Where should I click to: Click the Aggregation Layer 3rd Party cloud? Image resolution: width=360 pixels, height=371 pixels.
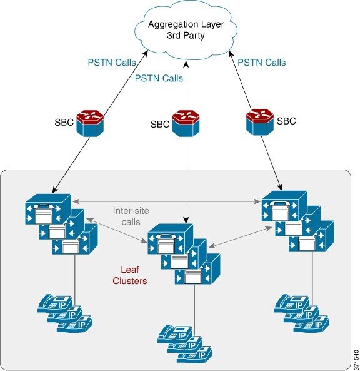point(186,29)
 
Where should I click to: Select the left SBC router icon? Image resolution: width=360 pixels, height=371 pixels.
point(90,123)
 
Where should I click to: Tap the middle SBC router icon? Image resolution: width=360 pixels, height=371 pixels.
point(186,123)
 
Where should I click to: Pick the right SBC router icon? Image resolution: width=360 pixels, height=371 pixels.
point(260,122)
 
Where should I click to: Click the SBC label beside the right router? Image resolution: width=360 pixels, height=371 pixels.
point(286,121)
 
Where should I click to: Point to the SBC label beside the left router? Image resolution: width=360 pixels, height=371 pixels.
point(64,123)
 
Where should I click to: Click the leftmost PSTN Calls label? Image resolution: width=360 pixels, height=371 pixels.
point(112,63)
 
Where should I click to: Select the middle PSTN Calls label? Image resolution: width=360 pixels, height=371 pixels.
point(159,78)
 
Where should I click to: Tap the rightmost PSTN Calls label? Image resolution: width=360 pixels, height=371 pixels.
point(262,63)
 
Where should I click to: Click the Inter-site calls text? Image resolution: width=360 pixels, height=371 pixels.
point(131,216)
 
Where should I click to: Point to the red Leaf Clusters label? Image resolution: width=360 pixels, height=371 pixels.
point(130,275)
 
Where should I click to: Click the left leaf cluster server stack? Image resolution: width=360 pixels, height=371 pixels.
point(61,224)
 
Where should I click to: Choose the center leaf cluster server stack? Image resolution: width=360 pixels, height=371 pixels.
point(184,254)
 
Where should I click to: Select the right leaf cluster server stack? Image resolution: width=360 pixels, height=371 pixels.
point(298,221)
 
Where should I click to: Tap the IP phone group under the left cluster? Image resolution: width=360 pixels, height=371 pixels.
point(64,313)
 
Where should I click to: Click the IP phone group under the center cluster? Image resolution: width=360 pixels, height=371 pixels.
point(184,344)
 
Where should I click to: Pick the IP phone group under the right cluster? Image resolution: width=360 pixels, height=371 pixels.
point(301,313)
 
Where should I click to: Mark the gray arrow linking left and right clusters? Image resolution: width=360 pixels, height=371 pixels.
point(167,201)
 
